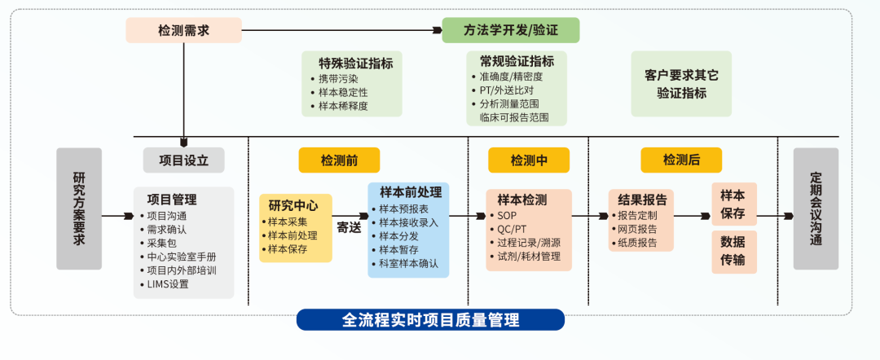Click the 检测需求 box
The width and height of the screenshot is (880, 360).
[183, 30]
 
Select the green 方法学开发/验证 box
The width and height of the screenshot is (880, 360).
[511, 30]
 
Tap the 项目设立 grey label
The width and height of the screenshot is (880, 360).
[183, 160]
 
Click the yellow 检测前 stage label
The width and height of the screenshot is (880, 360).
[339, 160]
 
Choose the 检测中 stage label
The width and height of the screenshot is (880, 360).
[529, 160]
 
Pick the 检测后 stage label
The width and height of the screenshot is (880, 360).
[681, 160]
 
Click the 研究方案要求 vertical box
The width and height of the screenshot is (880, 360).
[79, 209]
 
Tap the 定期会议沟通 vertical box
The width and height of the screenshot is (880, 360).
[816, 209]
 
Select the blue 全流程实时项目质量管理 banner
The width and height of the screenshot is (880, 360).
[430, 319]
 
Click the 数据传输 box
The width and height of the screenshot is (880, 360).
[734, 252]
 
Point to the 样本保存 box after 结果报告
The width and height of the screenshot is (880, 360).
[734, 204]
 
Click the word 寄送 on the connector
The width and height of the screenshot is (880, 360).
[349, 228]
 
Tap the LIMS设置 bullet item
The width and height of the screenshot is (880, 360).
[168, 284]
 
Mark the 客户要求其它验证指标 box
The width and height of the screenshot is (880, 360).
[681, 84]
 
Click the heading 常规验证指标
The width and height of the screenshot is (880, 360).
[517, 61]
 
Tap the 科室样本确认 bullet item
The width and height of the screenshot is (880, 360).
[405, 264]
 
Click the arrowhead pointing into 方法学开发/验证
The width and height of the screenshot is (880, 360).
[438, 30]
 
